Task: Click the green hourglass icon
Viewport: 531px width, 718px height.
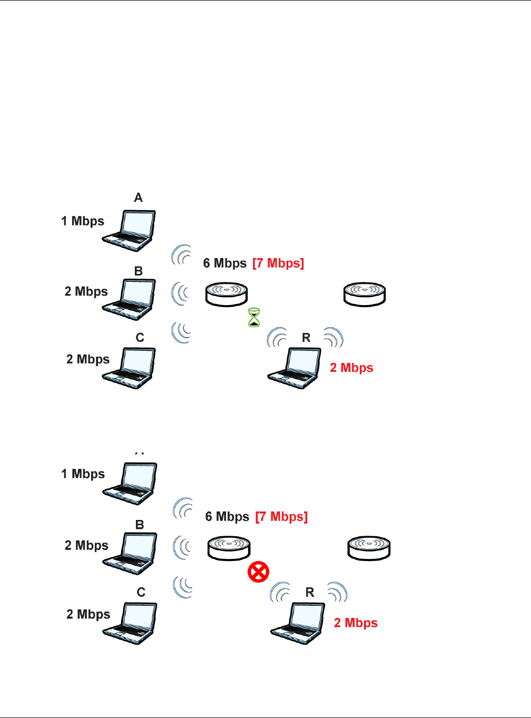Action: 254,318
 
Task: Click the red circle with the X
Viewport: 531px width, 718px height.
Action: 259,572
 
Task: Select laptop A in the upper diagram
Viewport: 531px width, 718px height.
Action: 130,231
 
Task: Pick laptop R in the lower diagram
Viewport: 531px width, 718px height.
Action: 298,623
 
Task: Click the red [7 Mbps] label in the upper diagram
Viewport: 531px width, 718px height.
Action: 278,263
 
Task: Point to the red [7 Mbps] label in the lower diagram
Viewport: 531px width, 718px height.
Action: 281,517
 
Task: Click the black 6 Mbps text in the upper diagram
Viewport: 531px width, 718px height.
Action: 225,263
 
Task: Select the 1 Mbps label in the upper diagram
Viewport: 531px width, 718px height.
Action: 83,221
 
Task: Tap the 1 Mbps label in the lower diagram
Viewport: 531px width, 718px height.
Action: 83,474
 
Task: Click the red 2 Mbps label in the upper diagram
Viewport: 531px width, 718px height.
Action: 351,368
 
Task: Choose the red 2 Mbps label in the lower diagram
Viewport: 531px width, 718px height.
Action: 356,623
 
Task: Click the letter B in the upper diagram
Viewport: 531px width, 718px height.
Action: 139,271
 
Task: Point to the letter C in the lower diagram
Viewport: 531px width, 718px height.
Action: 141,593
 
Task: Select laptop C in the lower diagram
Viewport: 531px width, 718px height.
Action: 130,623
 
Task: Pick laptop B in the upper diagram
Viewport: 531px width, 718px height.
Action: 130,299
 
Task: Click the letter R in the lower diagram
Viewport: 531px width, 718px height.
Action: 310,593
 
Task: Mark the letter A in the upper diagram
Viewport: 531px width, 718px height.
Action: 138,198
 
